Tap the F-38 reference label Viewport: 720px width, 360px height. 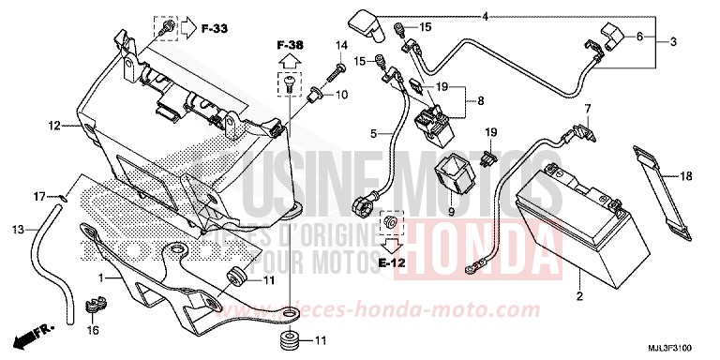(291, 44)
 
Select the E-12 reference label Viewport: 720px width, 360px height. (394, 262)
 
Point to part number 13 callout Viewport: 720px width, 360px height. (19, 230)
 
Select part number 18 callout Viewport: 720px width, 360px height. (686, 174)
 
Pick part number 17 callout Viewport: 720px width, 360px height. (38, 196)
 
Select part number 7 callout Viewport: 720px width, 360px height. (589, 109)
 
